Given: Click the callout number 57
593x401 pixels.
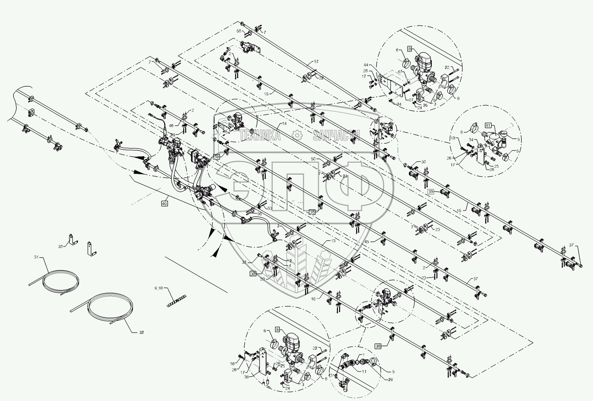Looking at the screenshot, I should point(316,61).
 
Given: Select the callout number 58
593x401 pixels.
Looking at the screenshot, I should point(239,31).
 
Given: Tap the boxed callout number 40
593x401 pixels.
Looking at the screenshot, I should point(164,204).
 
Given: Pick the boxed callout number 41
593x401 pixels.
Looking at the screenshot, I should point(488,126).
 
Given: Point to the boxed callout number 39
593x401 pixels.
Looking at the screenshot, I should point(431,192).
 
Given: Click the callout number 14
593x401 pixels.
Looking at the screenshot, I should point(284,123).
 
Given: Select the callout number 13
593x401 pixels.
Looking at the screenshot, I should point(333,241).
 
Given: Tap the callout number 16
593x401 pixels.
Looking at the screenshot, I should point(313,299).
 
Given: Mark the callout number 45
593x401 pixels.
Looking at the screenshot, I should point(367,242).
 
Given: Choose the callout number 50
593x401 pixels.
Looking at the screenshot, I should point(313,159).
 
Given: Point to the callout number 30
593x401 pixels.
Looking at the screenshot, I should point(423,162).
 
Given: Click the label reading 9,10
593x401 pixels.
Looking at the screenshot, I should point(158,288).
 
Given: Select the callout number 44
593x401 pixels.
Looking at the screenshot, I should point(373,65).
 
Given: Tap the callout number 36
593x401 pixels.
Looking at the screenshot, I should point(246,377).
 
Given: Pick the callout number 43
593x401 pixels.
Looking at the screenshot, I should point(330,375).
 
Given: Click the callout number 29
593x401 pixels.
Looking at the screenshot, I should point(390,380).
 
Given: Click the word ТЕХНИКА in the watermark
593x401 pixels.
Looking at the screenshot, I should point(260,135).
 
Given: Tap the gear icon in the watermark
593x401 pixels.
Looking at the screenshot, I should point(297,135).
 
